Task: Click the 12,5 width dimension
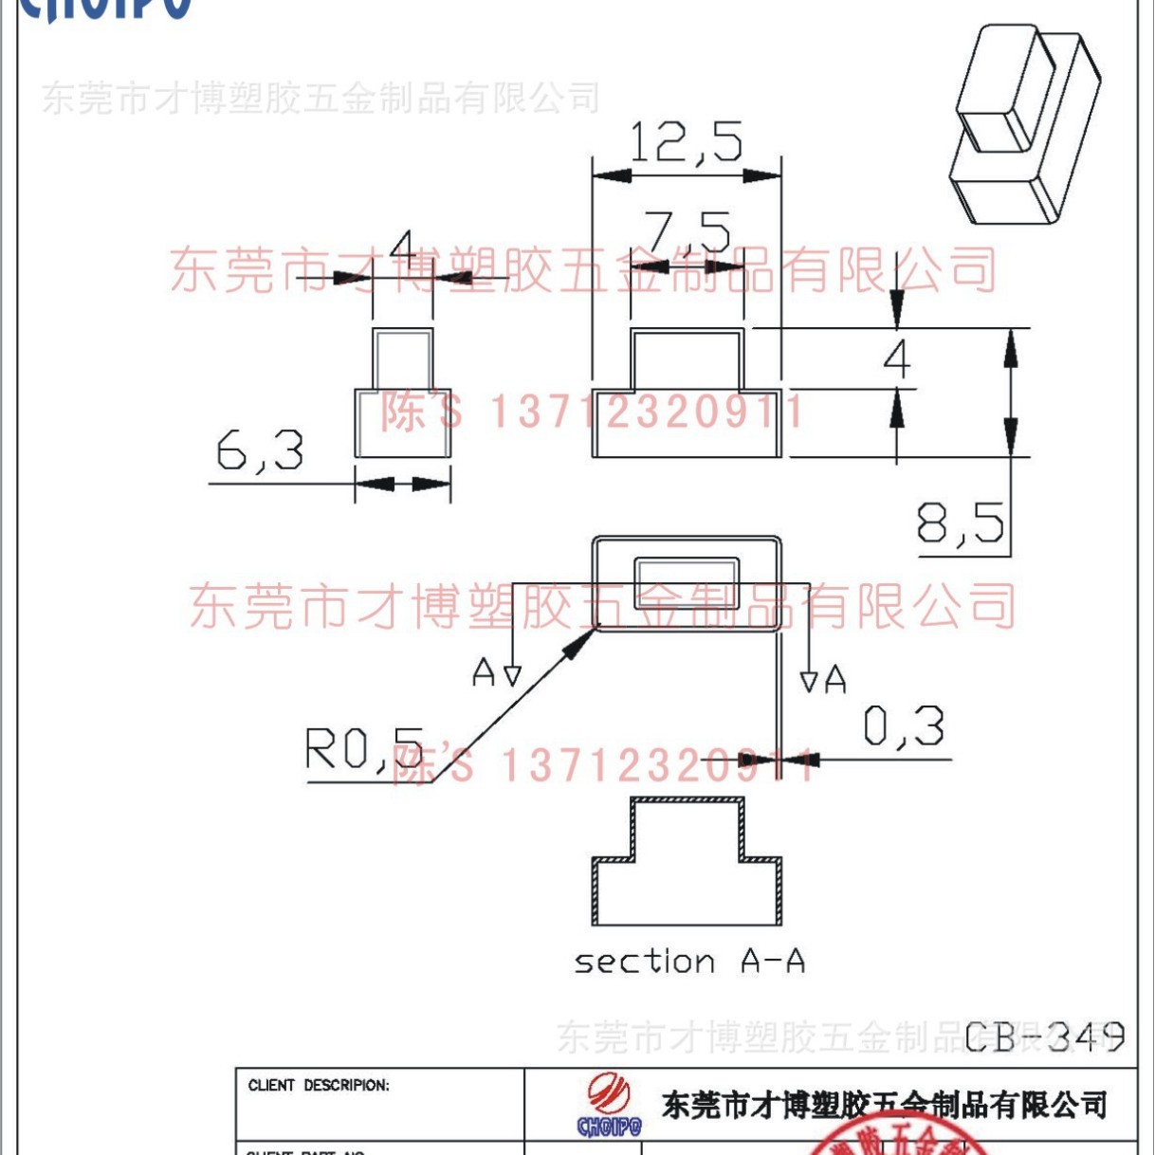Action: (x=685, y=142)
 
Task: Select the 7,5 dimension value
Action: (x=687, y=230)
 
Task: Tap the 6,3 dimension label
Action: (x=260, y=449)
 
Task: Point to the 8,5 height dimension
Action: (x=960, y=522)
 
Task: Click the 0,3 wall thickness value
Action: (x=903, y=727)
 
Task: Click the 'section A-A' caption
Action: (x=689, y=962)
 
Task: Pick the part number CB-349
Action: (x=1044, y=1036)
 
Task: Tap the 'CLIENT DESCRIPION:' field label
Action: (x=319, y=1086)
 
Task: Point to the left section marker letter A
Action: (x=484, y=672)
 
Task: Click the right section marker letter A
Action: (x=835, y=679)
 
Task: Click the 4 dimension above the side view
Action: (x=404, y=249)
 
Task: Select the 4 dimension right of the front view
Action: (x=896, y=358)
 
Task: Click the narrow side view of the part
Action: (x=403, y=393)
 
